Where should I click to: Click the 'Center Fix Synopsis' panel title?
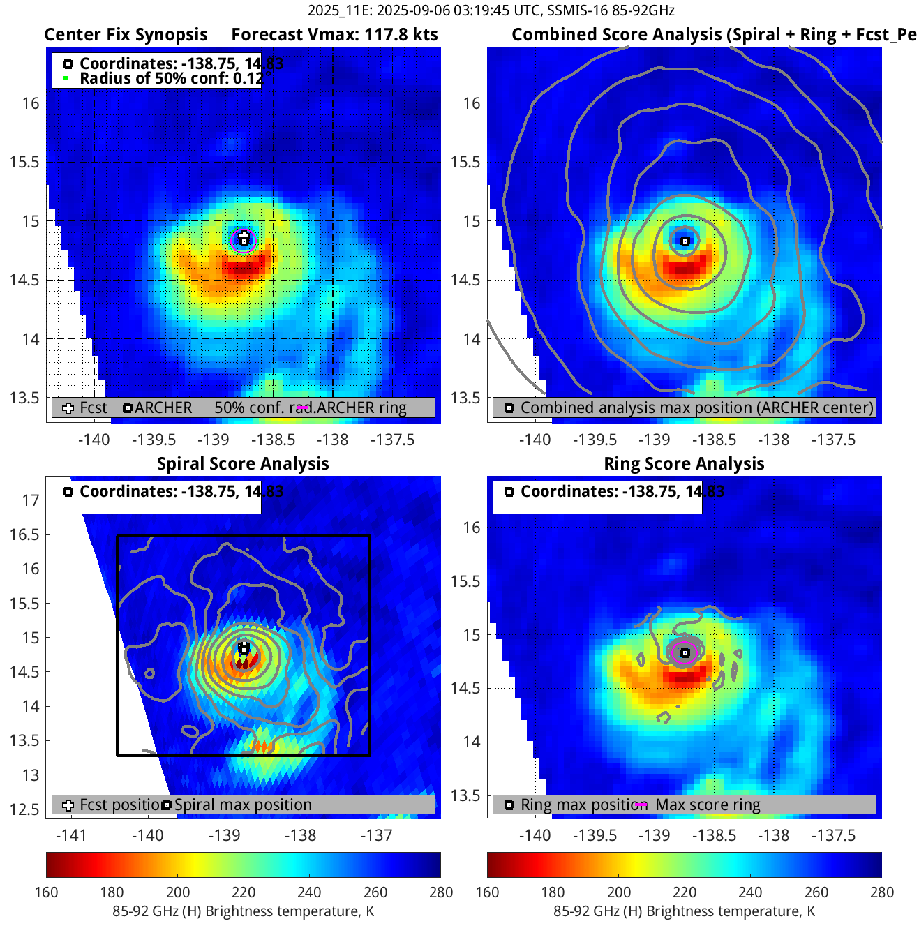(x=126, y=35)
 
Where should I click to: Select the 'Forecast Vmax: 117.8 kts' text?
(x=334, y=35)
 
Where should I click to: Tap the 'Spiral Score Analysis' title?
(x=243, y=464)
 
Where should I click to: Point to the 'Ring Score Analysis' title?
(x=684, y=464)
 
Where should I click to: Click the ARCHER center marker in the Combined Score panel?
(x=685, y=241)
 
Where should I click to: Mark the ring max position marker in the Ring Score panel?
(x=685, y=653)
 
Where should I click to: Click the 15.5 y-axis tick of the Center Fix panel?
(x=24, y=162)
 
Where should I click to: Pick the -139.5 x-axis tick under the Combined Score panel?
(x=595, y=440)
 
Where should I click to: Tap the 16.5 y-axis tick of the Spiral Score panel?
(x=24, y=534)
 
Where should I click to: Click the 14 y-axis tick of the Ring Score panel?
(x=472, y=742)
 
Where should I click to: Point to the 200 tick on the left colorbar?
(x=178, y=892)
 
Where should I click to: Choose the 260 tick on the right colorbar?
(x=816, y=892)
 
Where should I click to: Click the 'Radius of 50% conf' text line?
(x=171, y=79)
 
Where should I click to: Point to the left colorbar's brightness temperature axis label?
(x=243, y=911)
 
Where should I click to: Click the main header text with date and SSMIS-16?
(x=491, y=10)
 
